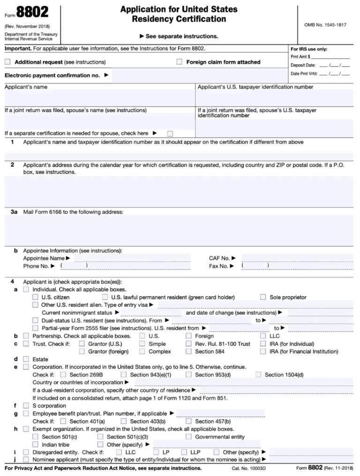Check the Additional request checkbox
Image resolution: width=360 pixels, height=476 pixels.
point(7,62)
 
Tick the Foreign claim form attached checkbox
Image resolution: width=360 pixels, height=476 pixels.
point(180,62)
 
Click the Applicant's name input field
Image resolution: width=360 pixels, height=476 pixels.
point(99,98)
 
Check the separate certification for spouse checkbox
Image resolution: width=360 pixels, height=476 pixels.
point(170,134)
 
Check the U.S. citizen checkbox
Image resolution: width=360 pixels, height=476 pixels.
point(36,297)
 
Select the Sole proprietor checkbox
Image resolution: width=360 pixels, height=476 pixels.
point(263,297)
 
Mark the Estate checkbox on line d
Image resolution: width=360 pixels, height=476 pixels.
point(26,359)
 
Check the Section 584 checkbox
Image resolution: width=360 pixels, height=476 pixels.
point(188,351)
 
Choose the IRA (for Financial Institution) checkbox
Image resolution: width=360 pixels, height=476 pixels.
point(263,351)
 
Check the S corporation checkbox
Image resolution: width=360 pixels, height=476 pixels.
point(26,406)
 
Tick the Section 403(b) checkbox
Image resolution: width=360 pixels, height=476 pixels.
point(124,421)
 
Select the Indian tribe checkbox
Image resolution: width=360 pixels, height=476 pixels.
point(36,445)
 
